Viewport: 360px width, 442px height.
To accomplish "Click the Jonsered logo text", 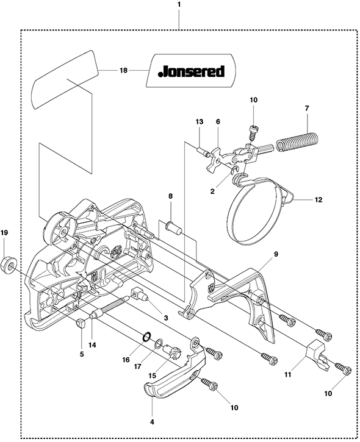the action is [x=192, y=71].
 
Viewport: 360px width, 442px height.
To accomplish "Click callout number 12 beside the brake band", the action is [x=318, y=199].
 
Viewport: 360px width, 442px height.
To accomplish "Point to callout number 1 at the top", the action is [x=179, y=5].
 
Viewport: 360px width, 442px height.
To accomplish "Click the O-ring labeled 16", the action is [x=146, y=337].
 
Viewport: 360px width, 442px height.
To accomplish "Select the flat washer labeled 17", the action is [x=159, y=343].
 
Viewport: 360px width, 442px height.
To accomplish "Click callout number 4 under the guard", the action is [x=152, y=422].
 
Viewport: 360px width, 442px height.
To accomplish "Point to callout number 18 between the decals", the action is [x=124, y=70].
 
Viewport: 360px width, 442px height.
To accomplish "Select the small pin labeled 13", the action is [x=203, y=152].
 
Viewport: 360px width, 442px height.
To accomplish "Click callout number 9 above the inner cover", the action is [x=276, y=254].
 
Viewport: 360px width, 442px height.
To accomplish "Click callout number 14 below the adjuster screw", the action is [x=92, y=344].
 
